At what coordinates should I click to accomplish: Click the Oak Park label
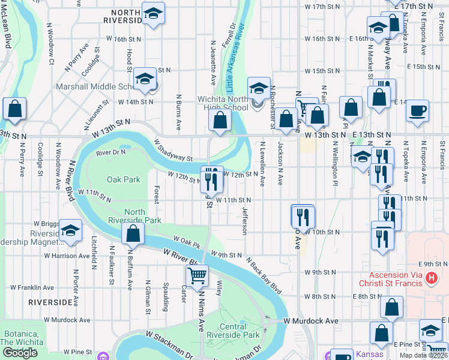click(123, 179)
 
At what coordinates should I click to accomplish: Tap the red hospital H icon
click(431, 278)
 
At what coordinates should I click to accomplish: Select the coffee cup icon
click(417, 111)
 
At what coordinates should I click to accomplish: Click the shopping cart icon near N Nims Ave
click(196, 276)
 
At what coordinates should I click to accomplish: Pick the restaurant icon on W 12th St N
click(211, 178)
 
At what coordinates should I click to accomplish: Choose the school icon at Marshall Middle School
click(145, 79)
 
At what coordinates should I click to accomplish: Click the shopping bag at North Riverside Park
click(133, 233)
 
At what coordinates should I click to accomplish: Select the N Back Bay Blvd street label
click(264, 276)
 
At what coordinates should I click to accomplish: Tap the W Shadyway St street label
click(173, 151)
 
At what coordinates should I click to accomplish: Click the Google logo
click(20, 353)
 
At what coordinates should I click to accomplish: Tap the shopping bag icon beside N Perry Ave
click(15, 109)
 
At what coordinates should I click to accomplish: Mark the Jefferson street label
click(244, 221)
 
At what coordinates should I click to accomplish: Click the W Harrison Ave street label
click(67, 256)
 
